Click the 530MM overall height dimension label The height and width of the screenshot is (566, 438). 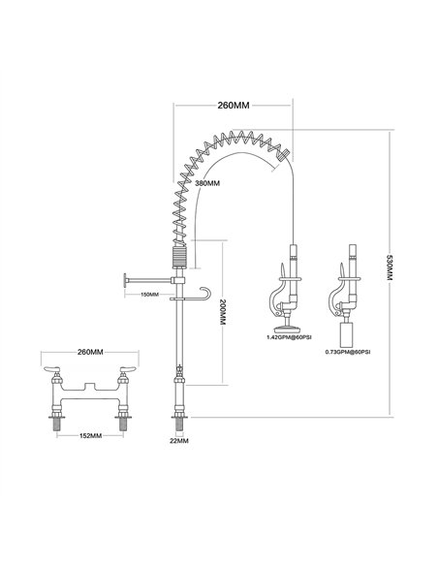(x=390, y=269)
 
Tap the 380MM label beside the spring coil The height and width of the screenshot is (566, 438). (x=206, y=182)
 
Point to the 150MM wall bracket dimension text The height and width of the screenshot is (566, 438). (x=151, y=294)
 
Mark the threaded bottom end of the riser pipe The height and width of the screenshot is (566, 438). (x=178, y=420)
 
